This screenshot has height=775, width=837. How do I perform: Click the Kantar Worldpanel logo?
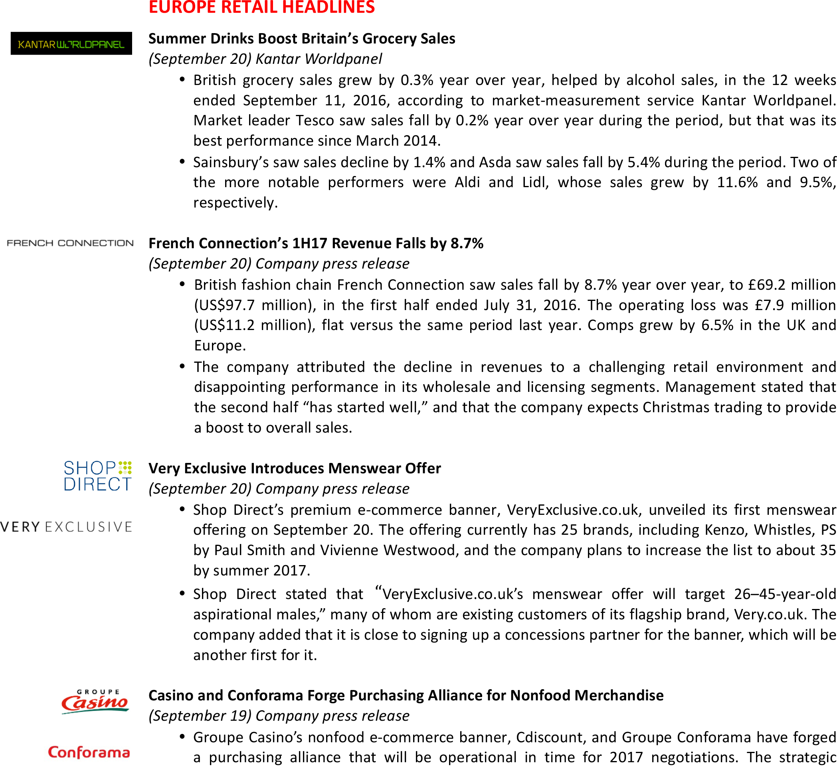point(71,43)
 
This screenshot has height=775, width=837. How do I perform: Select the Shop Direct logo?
point(98,476)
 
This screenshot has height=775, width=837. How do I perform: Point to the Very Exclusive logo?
point(66,527)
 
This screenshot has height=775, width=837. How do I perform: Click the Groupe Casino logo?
point(95,701)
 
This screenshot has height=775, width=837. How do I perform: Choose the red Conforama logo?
point(89,752)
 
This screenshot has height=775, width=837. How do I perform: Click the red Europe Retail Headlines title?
point(262,8)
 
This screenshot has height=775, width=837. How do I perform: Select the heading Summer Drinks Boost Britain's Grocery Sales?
point(301,39)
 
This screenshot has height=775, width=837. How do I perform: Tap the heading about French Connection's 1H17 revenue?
point(316,243)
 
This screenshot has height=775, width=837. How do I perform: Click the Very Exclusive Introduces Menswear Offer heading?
point(295,468)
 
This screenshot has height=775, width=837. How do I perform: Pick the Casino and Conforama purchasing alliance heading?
point(406,695)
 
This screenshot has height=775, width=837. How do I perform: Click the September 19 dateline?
point(200,716)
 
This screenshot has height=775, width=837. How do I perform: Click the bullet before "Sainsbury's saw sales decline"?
point(182,162)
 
